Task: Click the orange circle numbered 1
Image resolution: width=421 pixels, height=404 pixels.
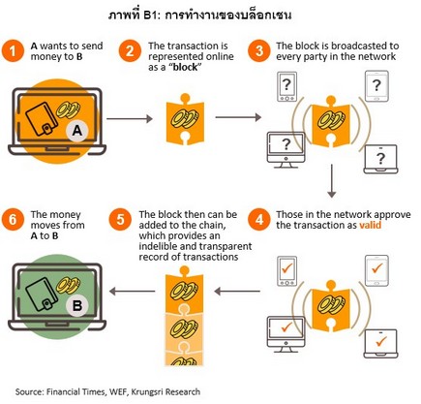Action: point(13,51)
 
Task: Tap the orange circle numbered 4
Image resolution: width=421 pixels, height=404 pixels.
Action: point(259,220)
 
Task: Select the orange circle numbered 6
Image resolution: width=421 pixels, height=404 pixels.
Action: point(13,220)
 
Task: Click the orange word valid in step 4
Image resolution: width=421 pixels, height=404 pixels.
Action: point(370,225)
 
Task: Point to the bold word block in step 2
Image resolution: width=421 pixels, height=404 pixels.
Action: point(185,67)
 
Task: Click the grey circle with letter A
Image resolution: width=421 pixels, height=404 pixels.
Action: point(77,131)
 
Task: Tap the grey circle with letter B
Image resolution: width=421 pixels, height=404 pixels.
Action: point(77,305)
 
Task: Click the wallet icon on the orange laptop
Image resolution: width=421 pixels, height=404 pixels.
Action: point(42,119)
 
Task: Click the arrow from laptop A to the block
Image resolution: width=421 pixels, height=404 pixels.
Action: point(129,119)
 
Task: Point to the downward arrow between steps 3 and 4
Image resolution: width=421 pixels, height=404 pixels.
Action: point(331,181)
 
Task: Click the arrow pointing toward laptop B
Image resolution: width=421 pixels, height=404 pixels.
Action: point(133,292)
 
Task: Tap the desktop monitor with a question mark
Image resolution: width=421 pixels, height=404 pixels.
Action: point(286,150)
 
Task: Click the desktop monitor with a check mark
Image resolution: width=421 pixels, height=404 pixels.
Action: point(286,334)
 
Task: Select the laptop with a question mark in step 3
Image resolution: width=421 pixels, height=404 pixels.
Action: point(380,159)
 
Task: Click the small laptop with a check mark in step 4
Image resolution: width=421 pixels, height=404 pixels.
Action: point(380,343)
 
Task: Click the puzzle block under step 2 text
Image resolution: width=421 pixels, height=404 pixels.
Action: point(185,119)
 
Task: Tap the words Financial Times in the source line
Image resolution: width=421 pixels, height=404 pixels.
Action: point(75,391)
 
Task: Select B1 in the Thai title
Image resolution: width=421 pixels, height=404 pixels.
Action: point(150,16)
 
